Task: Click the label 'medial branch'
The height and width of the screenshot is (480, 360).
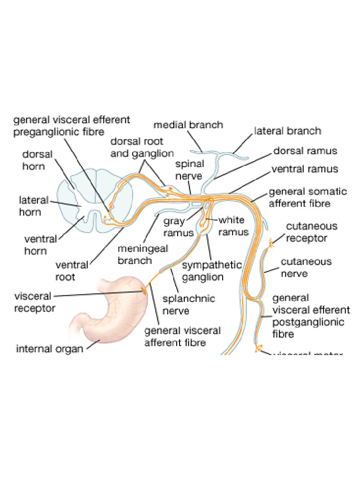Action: point(188,125)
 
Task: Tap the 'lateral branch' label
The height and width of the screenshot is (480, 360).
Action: point(287,131)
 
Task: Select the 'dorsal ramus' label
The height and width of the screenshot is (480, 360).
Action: point(305,151)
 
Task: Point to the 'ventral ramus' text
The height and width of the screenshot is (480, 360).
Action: point(305,169)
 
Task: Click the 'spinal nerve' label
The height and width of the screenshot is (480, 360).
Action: point(189,170)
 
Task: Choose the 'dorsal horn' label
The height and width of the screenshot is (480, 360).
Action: point(37,160)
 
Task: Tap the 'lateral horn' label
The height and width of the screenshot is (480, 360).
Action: point(33,206)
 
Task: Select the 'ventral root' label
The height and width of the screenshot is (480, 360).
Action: point(71,271)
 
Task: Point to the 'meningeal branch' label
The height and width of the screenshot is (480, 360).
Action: point(142,255)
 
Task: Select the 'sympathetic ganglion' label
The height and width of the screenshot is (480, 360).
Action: point(211,270)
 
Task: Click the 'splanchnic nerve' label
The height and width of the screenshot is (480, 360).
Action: point(188,304)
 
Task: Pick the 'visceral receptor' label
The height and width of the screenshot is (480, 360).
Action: point(35,302)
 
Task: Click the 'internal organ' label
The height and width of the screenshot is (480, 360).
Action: point(50,349)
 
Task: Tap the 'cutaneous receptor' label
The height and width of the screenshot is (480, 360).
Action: point(311,232)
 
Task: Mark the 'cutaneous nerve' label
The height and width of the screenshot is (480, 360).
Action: point(306,267)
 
